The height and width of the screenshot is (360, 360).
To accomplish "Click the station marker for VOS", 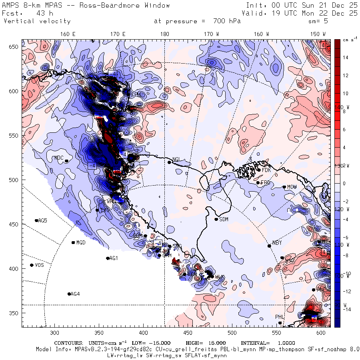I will pos(32,265).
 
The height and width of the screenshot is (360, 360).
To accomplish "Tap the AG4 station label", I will pos(75,294).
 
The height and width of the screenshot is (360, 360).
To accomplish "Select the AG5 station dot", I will pos(36,220).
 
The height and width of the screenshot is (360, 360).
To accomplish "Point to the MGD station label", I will pos(81,243).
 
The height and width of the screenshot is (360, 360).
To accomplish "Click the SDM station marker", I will pos(216,219).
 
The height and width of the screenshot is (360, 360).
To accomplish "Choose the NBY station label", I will pos(277,243).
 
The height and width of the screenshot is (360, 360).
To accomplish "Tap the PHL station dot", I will pos(280,323).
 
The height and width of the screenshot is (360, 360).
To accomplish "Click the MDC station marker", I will pos(66,161).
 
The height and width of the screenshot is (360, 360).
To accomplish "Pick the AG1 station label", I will pos(114,258).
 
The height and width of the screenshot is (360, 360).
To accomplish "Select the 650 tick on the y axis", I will pos(15,47).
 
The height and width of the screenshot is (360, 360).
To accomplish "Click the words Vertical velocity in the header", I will pos(37,21).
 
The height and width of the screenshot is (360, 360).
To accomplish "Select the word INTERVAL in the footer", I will pos(255,343).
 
